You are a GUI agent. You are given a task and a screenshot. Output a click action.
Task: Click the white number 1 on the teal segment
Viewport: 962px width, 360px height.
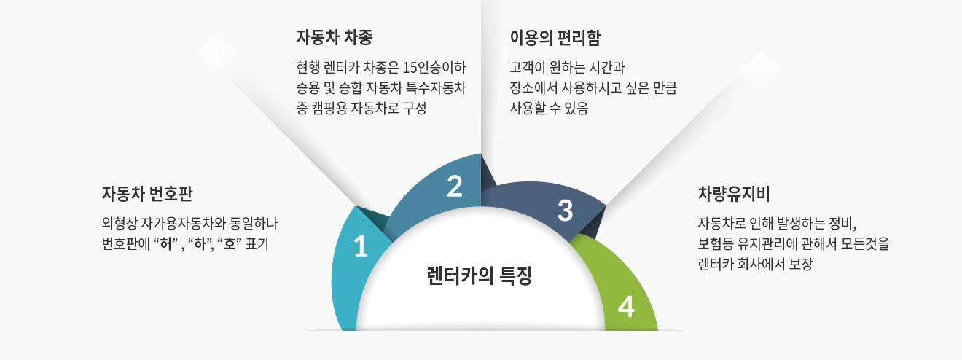[361, 246]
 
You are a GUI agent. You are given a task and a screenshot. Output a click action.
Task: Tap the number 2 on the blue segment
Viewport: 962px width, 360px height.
[454, 186]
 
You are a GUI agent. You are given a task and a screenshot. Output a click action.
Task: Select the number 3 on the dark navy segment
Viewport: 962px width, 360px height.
[566, 211]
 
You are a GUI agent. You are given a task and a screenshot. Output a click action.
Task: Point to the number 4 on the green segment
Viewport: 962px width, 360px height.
[626, 307]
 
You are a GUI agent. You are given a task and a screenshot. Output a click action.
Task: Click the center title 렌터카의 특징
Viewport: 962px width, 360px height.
[480, 275]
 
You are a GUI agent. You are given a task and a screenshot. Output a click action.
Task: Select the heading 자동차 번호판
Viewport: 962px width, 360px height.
[147, 194]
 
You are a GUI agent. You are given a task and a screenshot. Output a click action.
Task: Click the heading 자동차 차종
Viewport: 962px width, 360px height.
[335, 37]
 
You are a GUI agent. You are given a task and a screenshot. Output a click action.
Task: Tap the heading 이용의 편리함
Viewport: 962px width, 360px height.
[555, 38]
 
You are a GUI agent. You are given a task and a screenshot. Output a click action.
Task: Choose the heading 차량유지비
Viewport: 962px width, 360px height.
[734, 194]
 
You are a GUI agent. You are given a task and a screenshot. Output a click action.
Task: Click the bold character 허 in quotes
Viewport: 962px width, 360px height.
[165, 244]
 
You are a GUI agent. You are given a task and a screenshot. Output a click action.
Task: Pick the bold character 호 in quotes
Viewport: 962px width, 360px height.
[230, 244]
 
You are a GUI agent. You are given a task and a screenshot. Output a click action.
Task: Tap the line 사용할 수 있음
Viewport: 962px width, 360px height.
[549, 108]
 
